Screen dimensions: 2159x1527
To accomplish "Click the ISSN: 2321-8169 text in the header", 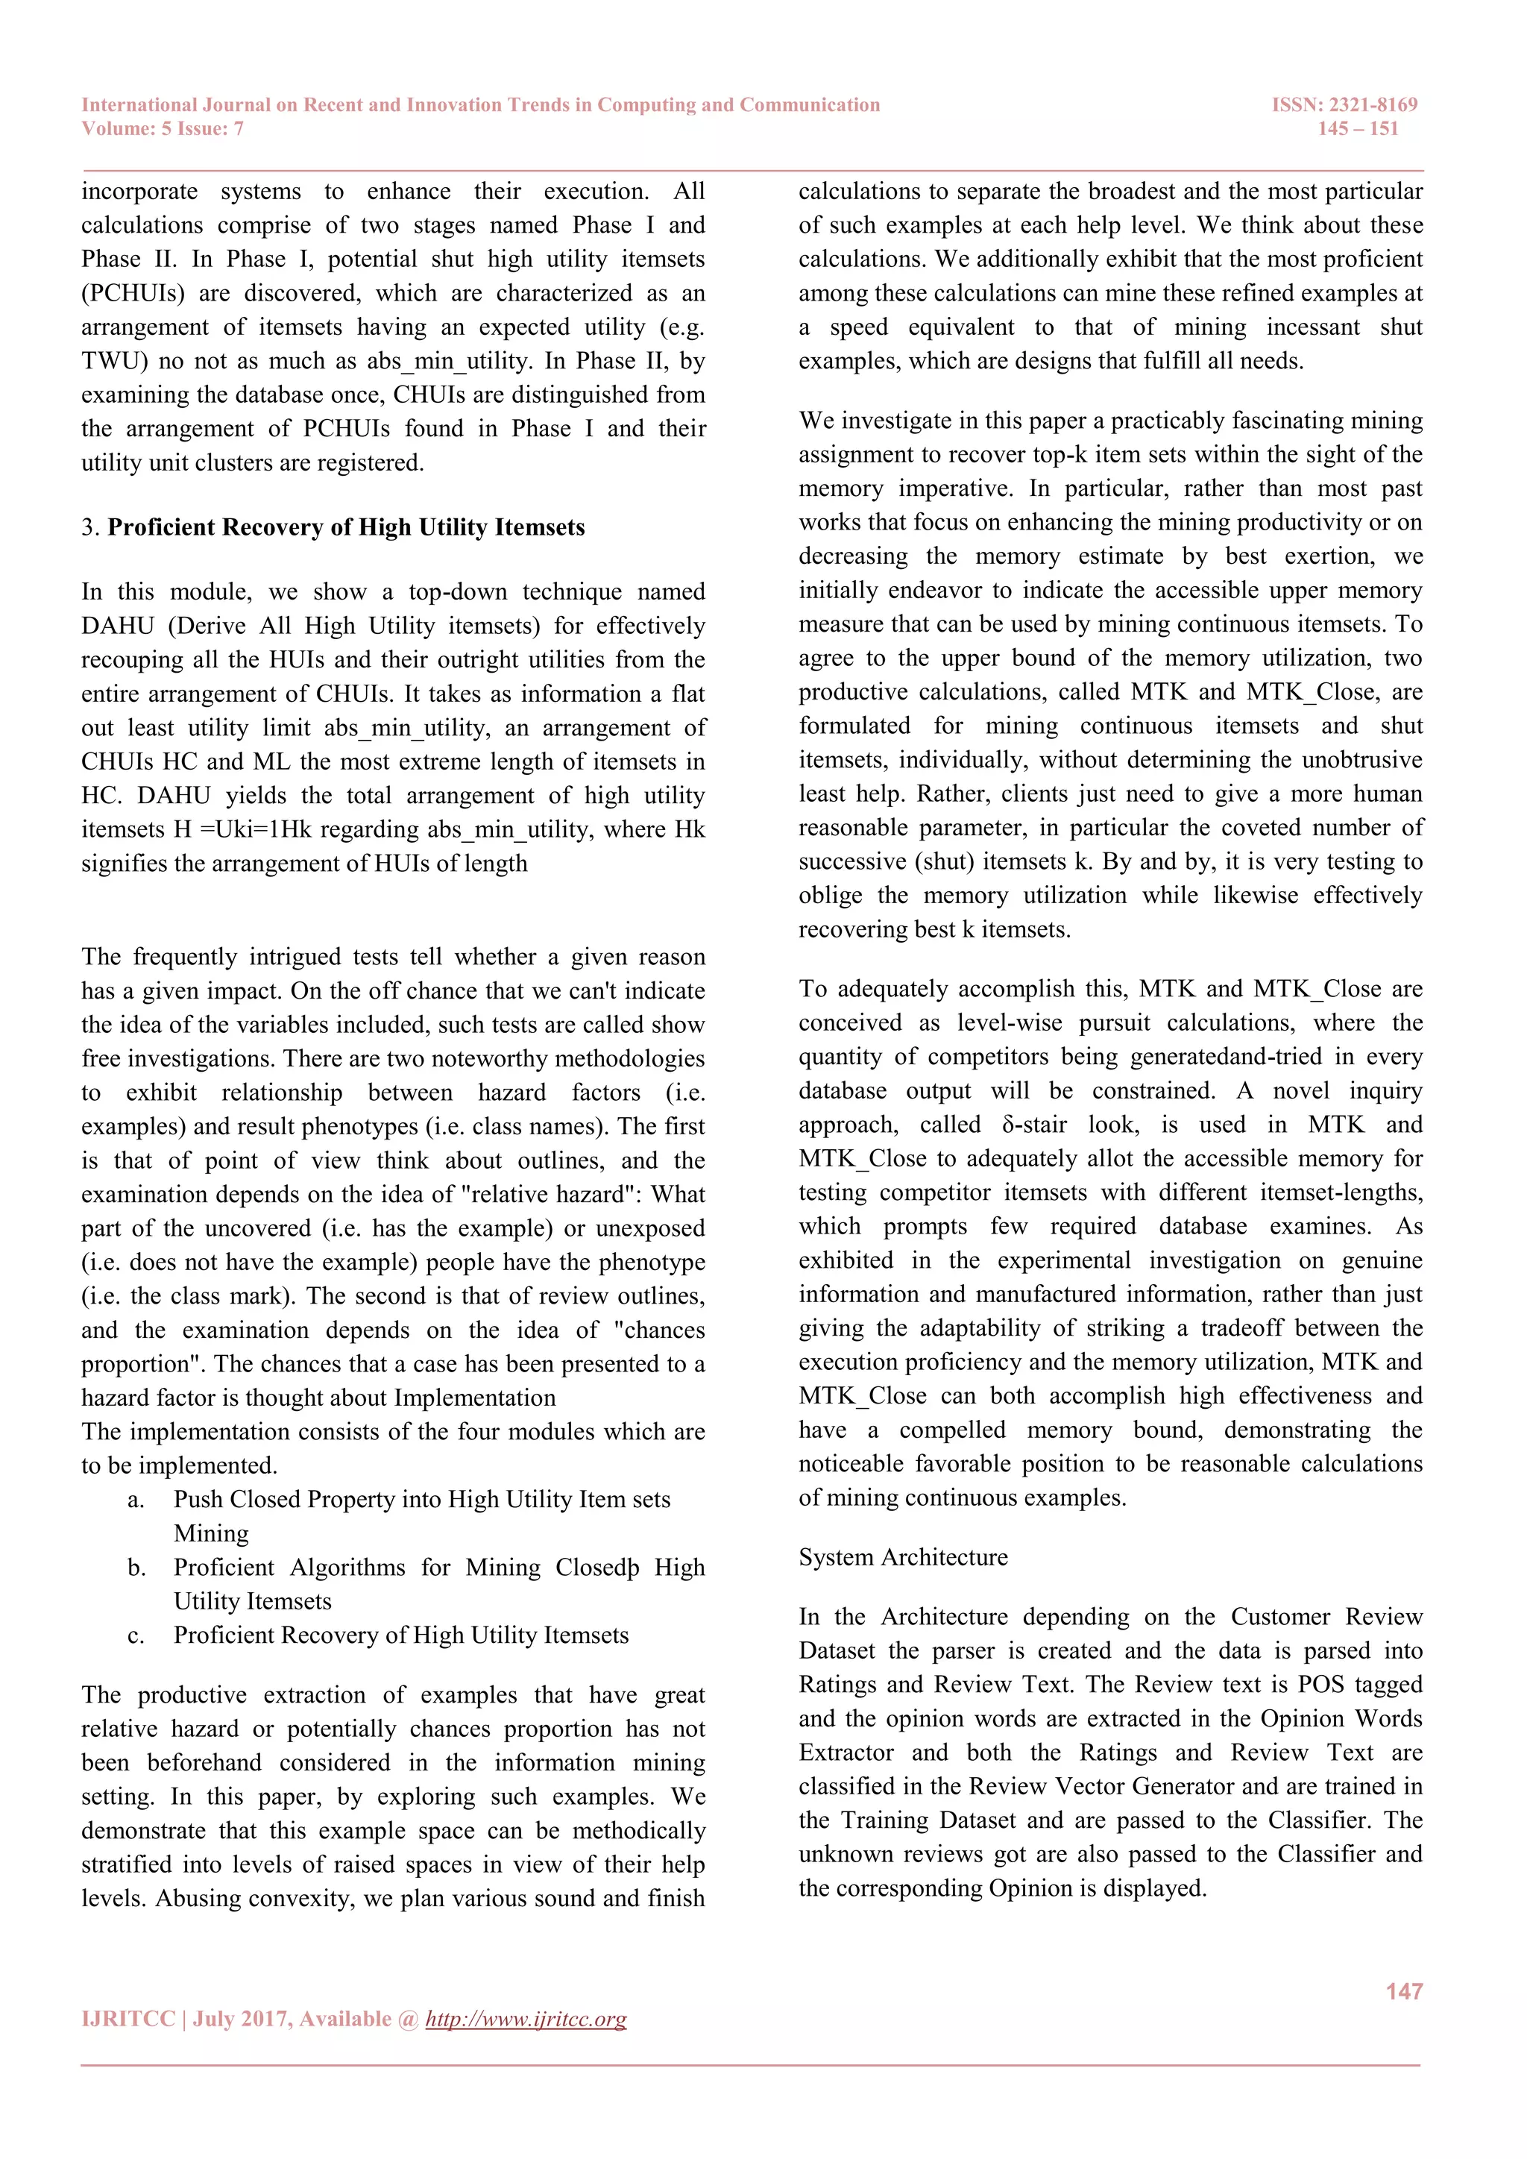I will [x=1344, y=104].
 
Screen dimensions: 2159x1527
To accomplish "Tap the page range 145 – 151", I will [x=1357, y=129].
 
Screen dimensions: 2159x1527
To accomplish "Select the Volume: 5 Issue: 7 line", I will [x=163, y=129].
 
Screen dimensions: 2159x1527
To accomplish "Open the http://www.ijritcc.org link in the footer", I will [x=526, y=2018].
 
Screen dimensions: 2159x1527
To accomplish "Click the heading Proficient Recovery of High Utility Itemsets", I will [x=345, y=527].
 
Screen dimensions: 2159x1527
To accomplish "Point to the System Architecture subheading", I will [x=903, y=1557].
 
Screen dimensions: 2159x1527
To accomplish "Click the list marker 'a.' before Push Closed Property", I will [x=136, y=1500].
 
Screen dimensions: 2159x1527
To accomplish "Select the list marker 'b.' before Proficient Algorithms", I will [x=136, y=1568].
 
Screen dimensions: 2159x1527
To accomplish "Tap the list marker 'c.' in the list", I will [x=136, y=1635].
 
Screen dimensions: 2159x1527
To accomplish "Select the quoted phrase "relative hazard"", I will [x=547, y=1194].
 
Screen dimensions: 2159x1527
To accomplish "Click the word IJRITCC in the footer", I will [x=128, y=2018].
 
